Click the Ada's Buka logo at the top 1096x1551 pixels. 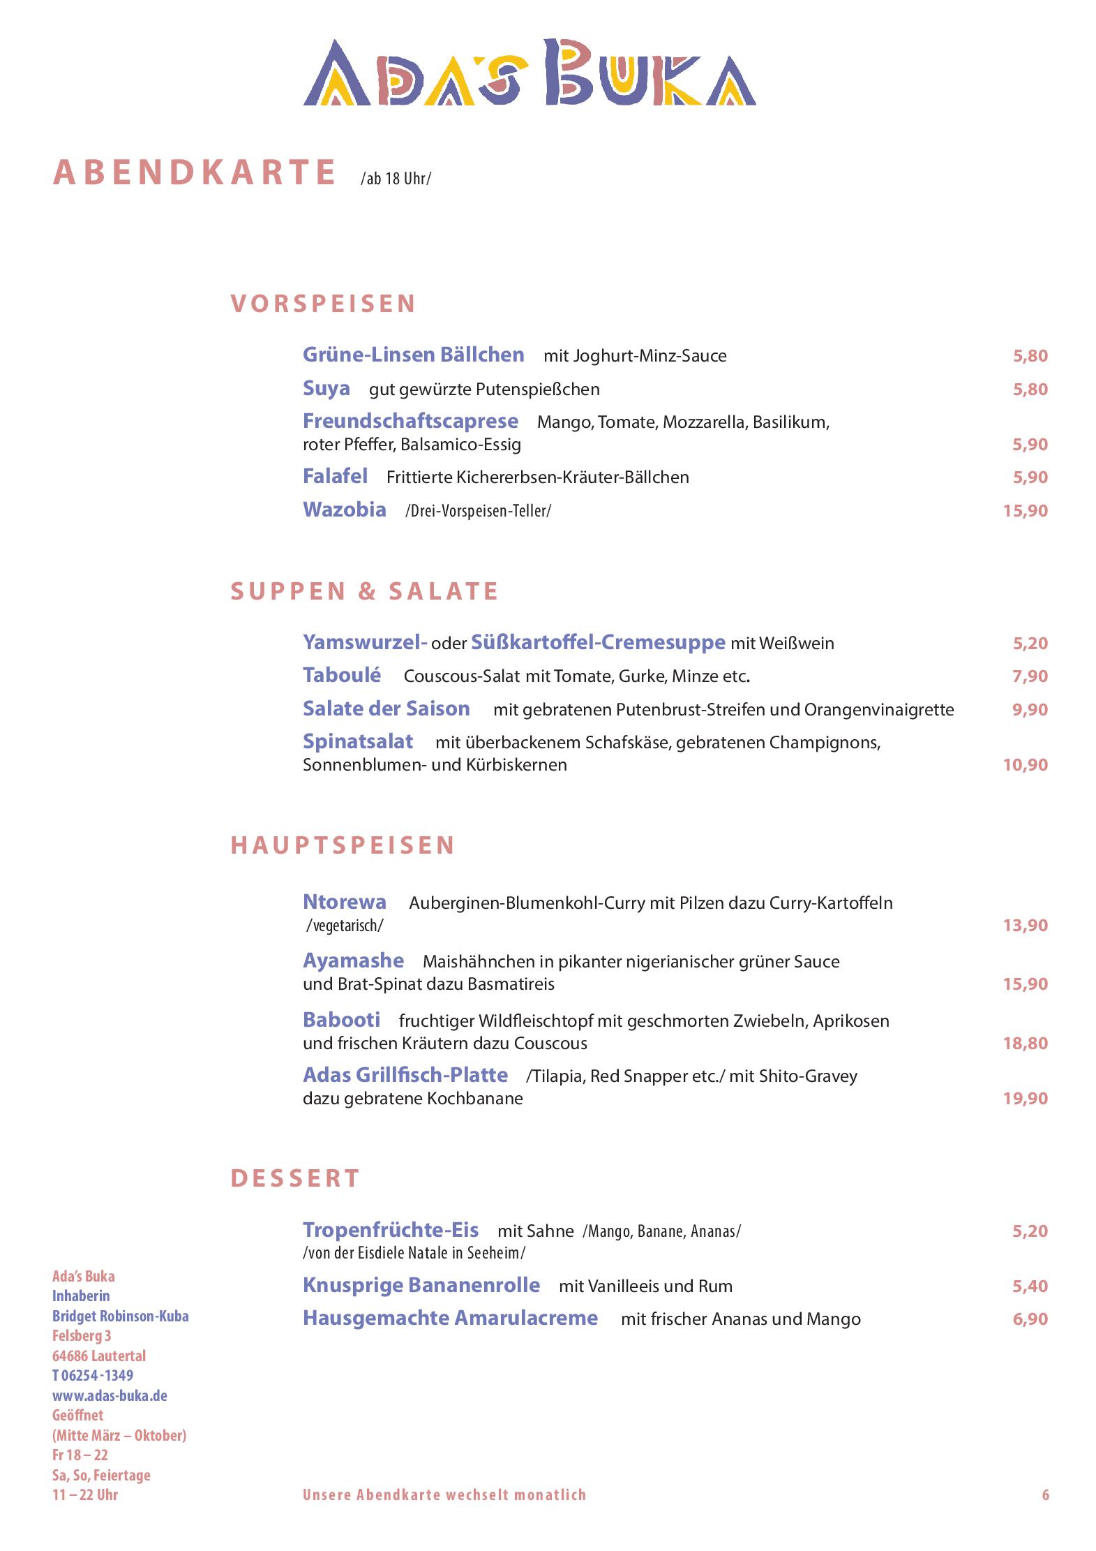(530, 73)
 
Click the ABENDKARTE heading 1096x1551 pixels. (195, 172)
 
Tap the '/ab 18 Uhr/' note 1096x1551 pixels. (396, 179)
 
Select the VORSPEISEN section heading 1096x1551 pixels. (323, 304)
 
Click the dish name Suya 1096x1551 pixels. (326, 388)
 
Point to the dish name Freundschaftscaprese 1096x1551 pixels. (410, 421)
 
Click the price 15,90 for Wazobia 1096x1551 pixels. (1025, 510)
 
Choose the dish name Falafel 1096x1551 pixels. (335, 476)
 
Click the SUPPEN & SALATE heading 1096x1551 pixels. (364, 591)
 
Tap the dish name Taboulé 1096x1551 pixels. (342, 675)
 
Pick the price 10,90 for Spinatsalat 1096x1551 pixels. (1025, 764)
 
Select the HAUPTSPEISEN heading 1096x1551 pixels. (343, 845)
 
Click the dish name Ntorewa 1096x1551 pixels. (344, 901)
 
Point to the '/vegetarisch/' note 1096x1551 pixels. (345, 926)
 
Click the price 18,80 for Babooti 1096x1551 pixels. (1025, 1043)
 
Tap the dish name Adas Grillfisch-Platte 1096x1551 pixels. (405, 1075)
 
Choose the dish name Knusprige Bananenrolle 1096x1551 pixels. (421, 1285)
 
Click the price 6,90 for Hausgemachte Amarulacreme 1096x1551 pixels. (1030, 1319)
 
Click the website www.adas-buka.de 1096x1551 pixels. (110, 1395)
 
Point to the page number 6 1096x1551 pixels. (1045, 1494)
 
